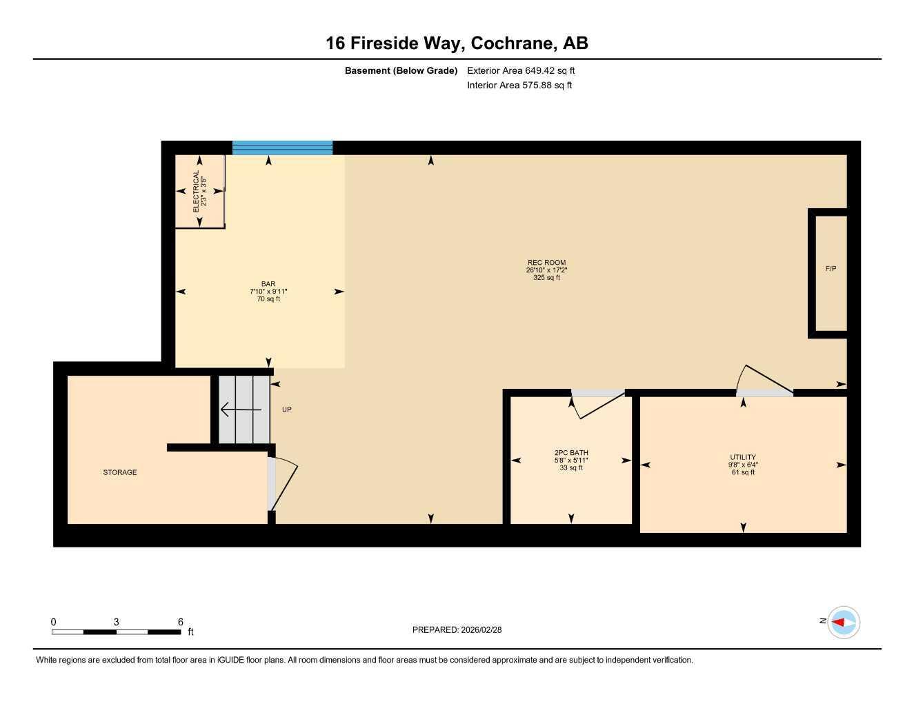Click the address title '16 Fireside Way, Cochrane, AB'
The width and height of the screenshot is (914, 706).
(457, 43)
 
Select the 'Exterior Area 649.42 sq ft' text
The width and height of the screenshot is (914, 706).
(521, 70)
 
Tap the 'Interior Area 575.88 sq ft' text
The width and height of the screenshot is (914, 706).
(519, 85)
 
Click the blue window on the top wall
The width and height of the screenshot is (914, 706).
(282, 148)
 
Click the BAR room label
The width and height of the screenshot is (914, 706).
(268, 284)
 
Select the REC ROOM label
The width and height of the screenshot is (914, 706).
(546, 263)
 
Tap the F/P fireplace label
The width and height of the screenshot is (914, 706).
(831, 269)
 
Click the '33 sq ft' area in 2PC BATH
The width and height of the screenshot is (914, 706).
(571, 468)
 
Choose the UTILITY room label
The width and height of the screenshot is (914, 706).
(743, 457)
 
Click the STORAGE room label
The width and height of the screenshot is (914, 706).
(120, 472)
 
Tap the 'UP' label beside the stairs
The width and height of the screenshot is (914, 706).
(287, 410)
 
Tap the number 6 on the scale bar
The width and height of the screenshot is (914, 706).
(181, 622)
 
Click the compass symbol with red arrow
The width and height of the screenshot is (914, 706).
(843, 623)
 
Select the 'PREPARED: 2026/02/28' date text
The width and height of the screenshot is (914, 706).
(457, 629)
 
